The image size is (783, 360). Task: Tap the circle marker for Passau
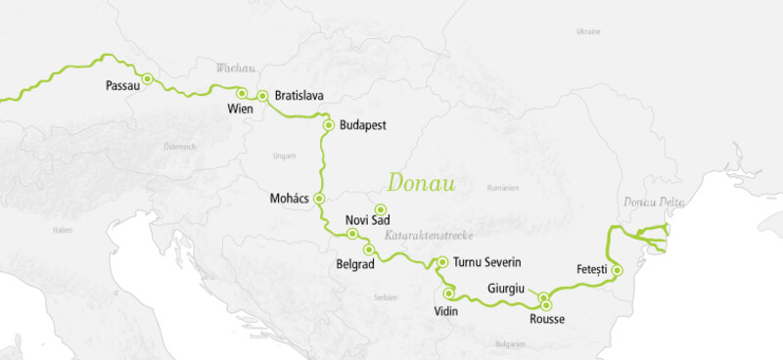(x=147, y=78)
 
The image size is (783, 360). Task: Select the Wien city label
(x=240, y=109)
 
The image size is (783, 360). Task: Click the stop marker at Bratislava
(x=262, y=96)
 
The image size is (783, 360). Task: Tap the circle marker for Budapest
(x=329, y=124)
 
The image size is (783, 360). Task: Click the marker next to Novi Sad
(x=381, y=209)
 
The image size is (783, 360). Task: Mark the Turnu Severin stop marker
(x=442, y=262)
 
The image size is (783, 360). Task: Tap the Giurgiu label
(x=507, y=289)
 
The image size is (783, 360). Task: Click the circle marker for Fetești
(x=616, y=269)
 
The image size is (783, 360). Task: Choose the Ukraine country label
(x=588, y=31)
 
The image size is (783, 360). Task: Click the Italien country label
(x=64, y=230)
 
